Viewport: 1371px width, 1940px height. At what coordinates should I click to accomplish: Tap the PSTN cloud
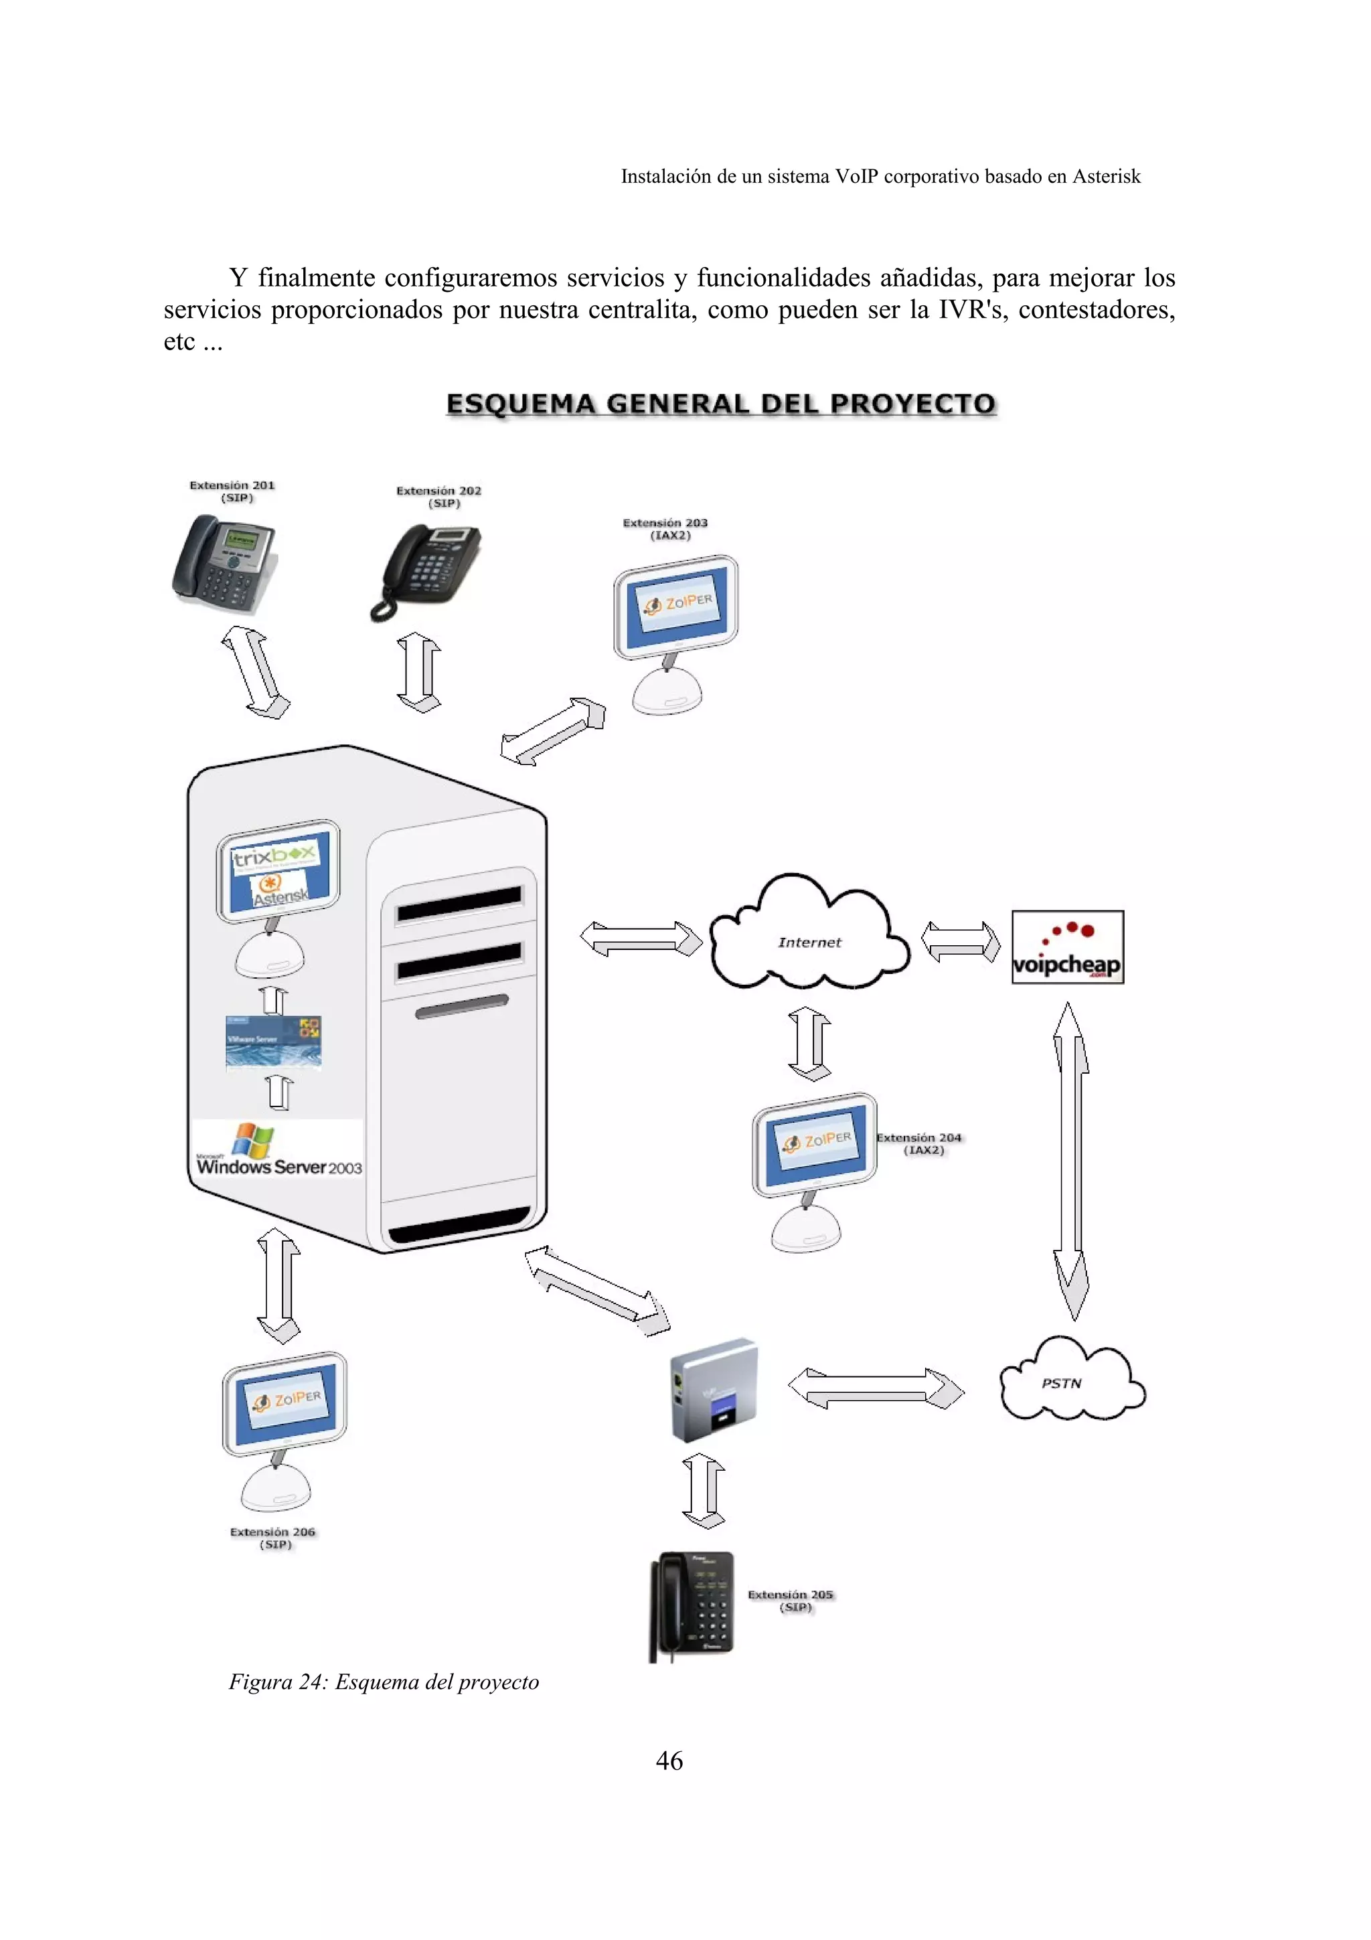tap(1068, 1382)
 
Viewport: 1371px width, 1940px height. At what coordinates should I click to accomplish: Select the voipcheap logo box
tap(1067, 947)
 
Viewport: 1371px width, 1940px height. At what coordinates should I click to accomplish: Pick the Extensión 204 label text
tap(919, 1143)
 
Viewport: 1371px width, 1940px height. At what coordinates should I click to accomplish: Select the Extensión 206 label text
tap(273, 1537)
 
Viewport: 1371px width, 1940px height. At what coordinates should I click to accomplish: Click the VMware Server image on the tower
tap(273, 1042)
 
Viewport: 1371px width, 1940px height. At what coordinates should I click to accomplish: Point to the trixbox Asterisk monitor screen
tap(277, 873)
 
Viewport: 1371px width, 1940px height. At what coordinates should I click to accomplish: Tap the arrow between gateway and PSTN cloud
tap(875, 1388)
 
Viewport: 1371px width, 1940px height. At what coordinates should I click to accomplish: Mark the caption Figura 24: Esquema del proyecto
tap(384, 1682)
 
